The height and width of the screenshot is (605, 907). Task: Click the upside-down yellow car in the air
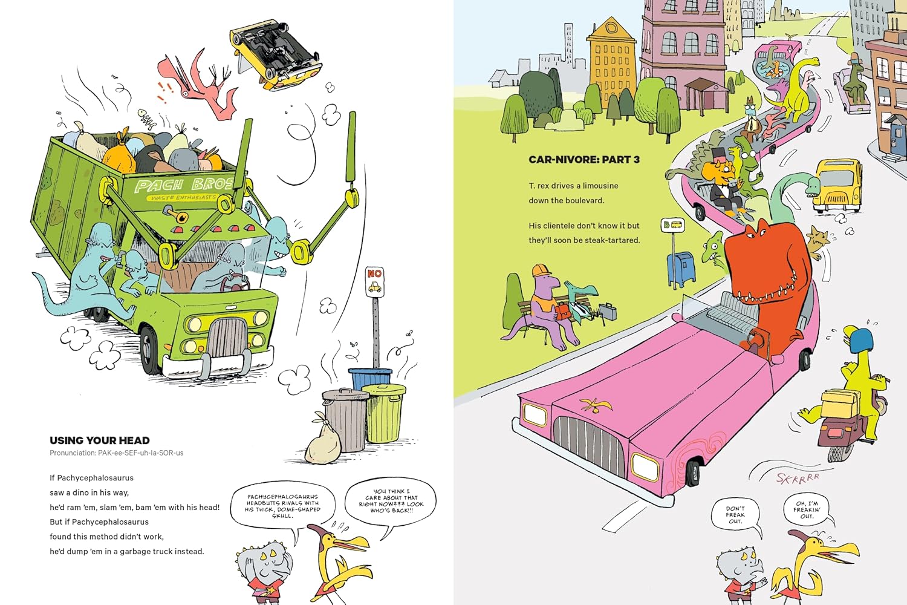pyautogui.click(x=276, y=53)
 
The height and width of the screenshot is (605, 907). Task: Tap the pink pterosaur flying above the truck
pyautogui.click(x=200, y=85)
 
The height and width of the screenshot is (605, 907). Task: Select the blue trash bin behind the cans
pyautogui.click(x=370, y=378)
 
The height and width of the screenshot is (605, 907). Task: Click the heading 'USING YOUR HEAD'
pyautogui.click(x=100, y=440)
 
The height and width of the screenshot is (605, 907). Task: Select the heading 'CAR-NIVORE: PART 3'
pyautogui.click(x=584, y=160)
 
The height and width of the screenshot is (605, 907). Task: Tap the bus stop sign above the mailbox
pyautogui.click(x=672, y=226)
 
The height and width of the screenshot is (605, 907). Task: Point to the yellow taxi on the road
pyautogui.click(x=838, y=185)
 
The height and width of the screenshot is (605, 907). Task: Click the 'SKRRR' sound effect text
pyautogui.click(x=798, y=478)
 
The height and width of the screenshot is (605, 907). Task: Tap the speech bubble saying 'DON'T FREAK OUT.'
pyautogui.click(x=735, y=515)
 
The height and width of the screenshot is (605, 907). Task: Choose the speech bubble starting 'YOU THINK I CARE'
pyautogui.click(x=391, y=502)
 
